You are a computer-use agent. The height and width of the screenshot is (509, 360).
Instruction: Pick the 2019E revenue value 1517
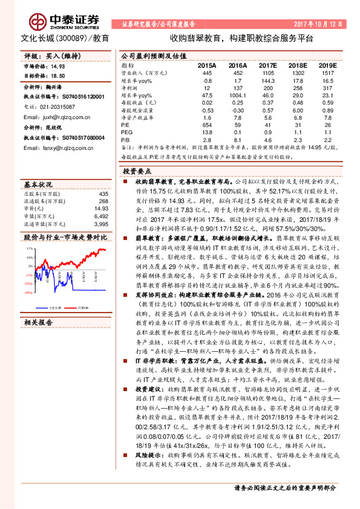pos(327,72)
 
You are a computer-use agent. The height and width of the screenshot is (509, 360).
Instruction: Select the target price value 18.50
pos(56,77)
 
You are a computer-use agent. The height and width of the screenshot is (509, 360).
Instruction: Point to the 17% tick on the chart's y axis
pos(28,248)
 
